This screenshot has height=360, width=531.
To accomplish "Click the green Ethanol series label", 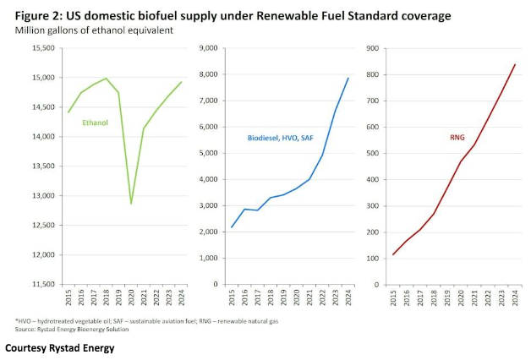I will [95, 123].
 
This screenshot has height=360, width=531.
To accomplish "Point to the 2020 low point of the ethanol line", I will [131, 203].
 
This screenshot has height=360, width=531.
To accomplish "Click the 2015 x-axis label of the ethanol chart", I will [68, 297].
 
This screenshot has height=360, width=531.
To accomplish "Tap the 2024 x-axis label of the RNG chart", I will [515, 297].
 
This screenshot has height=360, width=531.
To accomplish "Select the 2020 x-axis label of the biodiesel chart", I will [295, 297].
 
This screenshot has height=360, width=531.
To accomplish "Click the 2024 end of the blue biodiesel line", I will [348, 78].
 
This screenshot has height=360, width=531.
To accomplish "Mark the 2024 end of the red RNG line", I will [515, 64].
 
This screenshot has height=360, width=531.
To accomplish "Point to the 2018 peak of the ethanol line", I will [107, 79].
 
